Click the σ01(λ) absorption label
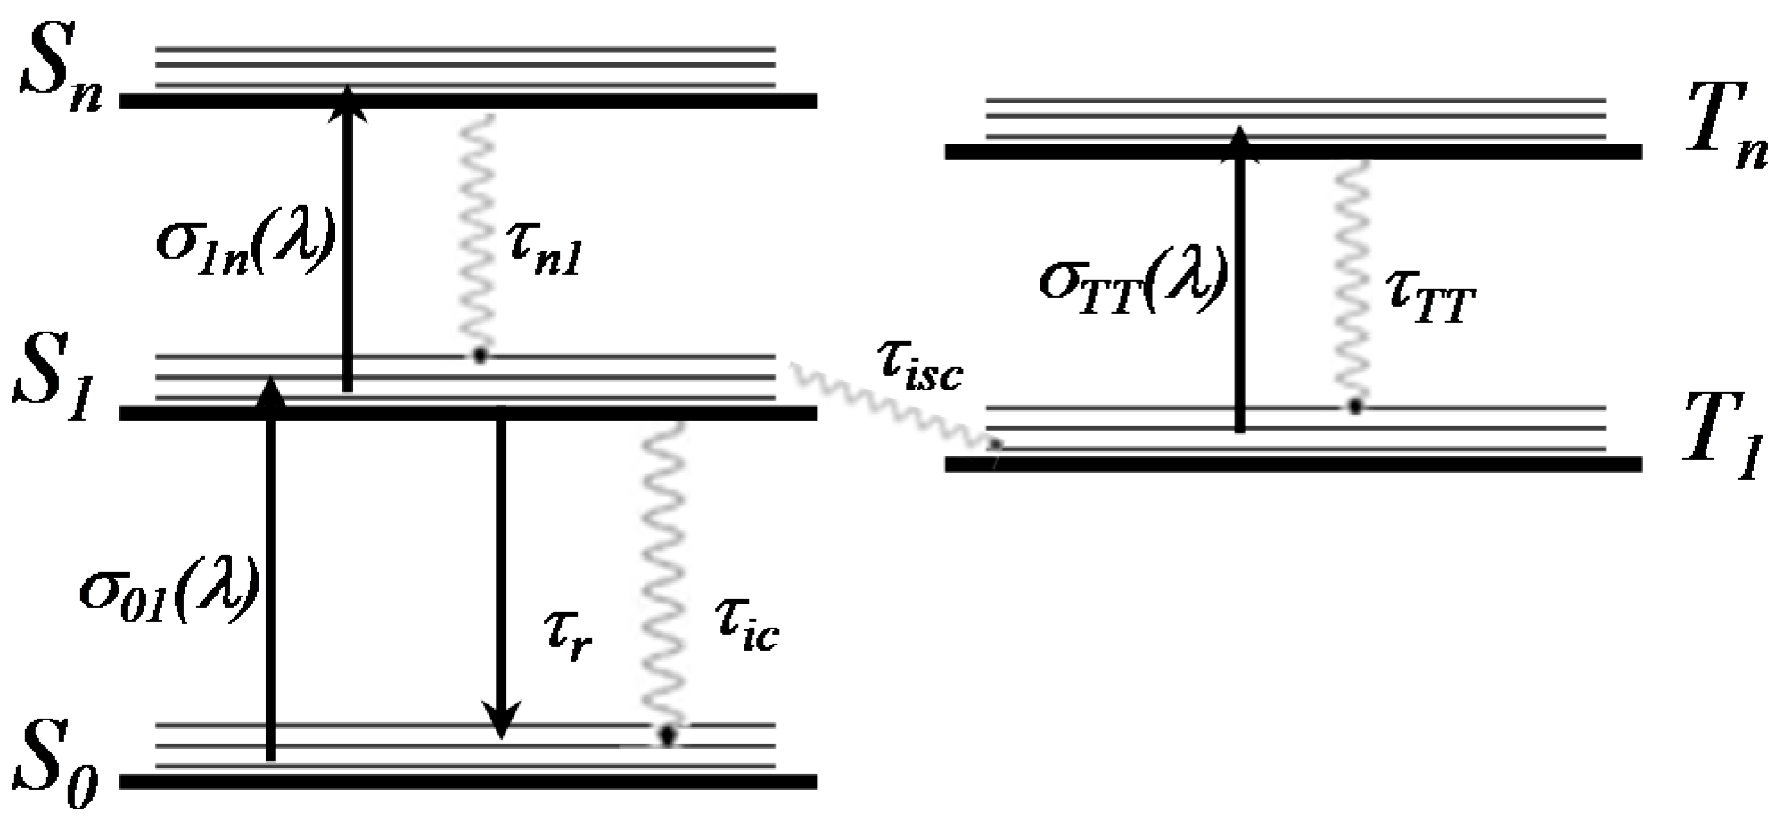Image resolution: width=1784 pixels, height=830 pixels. (169, 589)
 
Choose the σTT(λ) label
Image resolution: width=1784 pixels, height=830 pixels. (1132, 281)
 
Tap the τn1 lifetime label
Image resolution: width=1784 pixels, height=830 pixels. (545, 250)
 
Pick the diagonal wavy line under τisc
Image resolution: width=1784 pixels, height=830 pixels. (892, 406)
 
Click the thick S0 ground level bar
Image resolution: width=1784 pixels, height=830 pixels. (468, 781)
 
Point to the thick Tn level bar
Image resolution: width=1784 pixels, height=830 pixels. (1293, 152)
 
